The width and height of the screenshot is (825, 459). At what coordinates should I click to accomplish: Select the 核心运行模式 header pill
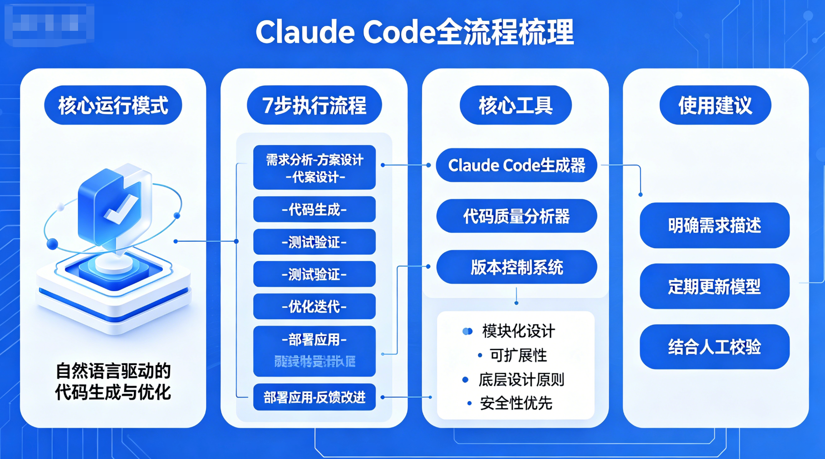113,105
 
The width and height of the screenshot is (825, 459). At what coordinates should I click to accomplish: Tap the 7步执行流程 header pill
314,105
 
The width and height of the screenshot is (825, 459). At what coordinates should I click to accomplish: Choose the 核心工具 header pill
516,105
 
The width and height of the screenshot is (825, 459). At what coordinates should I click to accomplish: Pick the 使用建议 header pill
715,105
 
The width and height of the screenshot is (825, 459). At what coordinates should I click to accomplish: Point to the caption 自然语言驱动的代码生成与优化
113,381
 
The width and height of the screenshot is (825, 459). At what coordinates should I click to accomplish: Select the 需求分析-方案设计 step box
314,167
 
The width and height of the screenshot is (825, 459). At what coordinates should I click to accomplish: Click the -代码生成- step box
314,210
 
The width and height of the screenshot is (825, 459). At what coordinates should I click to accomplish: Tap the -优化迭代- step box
314,307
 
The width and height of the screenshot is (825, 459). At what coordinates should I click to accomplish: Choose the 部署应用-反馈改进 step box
314,397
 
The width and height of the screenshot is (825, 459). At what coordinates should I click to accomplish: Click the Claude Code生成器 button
516,166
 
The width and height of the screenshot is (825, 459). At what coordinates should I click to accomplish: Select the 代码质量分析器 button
516,216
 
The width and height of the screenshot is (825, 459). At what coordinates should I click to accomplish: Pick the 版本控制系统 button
516,267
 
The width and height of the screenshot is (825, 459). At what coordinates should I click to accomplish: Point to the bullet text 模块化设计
518,331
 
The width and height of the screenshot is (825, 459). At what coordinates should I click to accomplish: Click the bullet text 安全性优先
516,403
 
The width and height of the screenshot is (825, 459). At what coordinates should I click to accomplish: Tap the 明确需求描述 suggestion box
715,225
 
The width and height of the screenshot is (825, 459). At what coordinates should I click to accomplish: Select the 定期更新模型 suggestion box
715,286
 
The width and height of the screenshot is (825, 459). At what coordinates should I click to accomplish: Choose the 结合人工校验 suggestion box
715,347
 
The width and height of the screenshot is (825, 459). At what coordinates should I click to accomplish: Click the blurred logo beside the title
49,24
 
